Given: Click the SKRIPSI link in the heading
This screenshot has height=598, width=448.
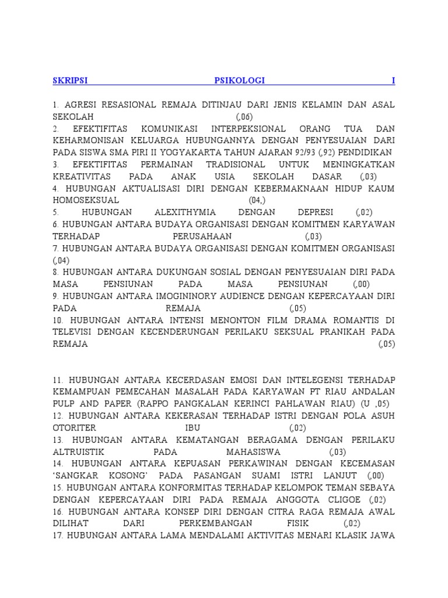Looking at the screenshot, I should coord(70,81).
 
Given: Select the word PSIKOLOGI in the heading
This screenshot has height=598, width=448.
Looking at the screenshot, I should coord(239,81).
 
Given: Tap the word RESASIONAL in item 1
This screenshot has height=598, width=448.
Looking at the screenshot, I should coord(128,105).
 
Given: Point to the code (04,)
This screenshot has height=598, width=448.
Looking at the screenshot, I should coord(257,200).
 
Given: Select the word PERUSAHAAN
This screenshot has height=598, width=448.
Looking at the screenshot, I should coord(202,237).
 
